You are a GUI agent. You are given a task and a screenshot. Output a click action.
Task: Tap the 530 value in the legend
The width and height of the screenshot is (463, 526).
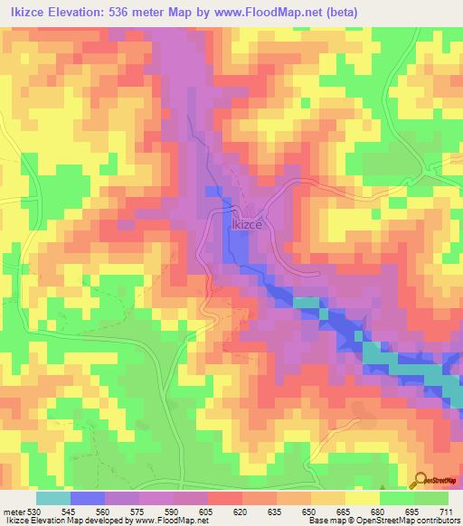(x=35, y=511)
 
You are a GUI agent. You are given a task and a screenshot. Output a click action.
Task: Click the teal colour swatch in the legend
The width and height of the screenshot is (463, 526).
(x=53, y=498)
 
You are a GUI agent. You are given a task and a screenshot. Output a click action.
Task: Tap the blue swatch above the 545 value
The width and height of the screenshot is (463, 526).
(x=88, y=498)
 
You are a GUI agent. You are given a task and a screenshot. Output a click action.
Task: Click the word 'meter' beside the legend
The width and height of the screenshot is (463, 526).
(x=14, y=511)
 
